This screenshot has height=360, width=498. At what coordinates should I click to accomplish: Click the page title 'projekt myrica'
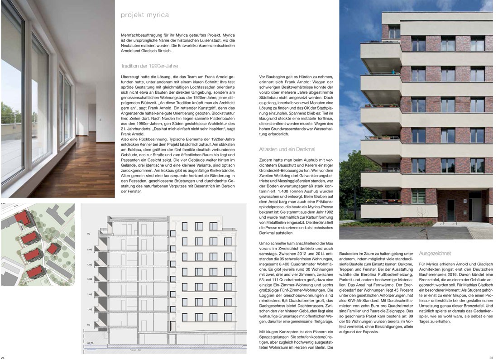click(x=145, y=15)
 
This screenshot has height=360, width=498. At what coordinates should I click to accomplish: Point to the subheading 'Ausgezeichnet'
click(x=435, y=253)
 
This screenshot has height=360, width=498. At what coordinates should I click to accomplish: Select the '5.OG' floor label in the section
click(x=90, y=250)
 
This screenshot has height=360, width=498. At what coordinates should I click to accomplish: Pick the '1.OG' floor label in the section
click(x=90, y=309)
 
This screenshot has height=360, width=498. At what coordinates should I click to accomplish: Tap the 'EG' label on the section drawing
click(x=89, y=325)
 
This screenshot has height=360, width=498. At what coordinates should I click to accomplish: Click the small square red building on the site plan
click(x=54, y=249)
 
